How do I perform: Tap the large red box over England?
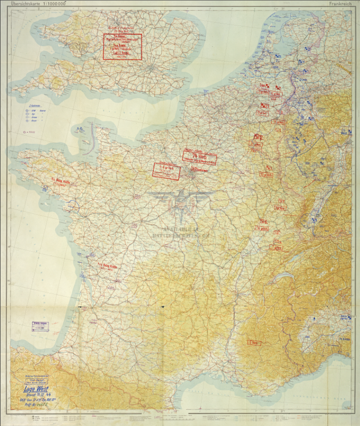123,47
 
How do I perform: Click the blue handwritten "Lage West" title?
37,390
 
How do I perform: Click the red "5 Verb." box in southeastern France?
252,343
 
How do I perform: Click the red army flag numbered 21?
264,106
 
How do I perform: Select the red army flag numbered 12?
257,137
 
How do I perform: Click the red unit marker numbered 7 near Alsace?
283,201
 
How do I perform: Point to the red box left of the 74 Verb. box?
166,170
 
